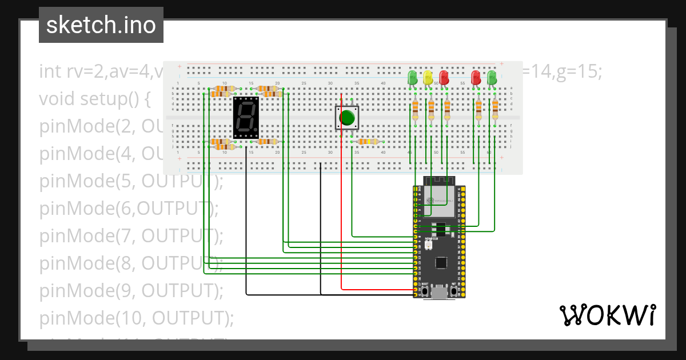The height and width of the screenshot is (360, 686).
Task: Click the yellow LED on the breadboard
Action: (x=428, y=78)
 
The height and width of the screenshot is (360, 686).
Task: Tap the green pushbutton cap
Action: (x=346, y=118)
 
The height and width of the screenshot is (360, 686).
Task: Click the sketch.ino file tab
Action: (x=101, y=25)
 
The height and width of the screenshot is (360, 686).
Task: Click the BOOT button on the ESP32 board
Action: (x=426, y=292)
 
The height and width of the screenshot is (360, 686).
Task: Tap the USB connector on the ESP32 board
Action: (x=440, y=294)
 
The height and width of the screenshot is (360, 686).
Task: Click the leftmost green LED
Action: (x=412, y=78)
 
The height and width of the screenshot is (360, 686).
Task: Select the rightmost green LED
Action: (x=492, y=78)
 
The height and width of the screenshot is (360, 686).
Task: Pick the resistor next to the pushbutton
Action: (x=366, y=142)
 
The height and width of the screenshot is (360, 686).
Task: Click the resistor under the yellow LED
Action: (x=432, y=109)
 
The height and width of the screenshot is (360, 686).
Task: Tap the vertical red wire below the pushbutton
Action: (x=341, y=229)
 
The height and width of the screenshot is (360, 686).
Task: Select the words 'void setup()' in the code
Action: (x=94, y=99)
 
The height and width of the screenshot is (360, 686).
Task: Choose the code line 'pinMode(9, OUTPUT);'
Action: (x=131, y=291)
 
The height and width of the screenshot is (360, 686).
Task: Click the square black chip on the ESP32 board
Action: (x=441, y=263)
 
